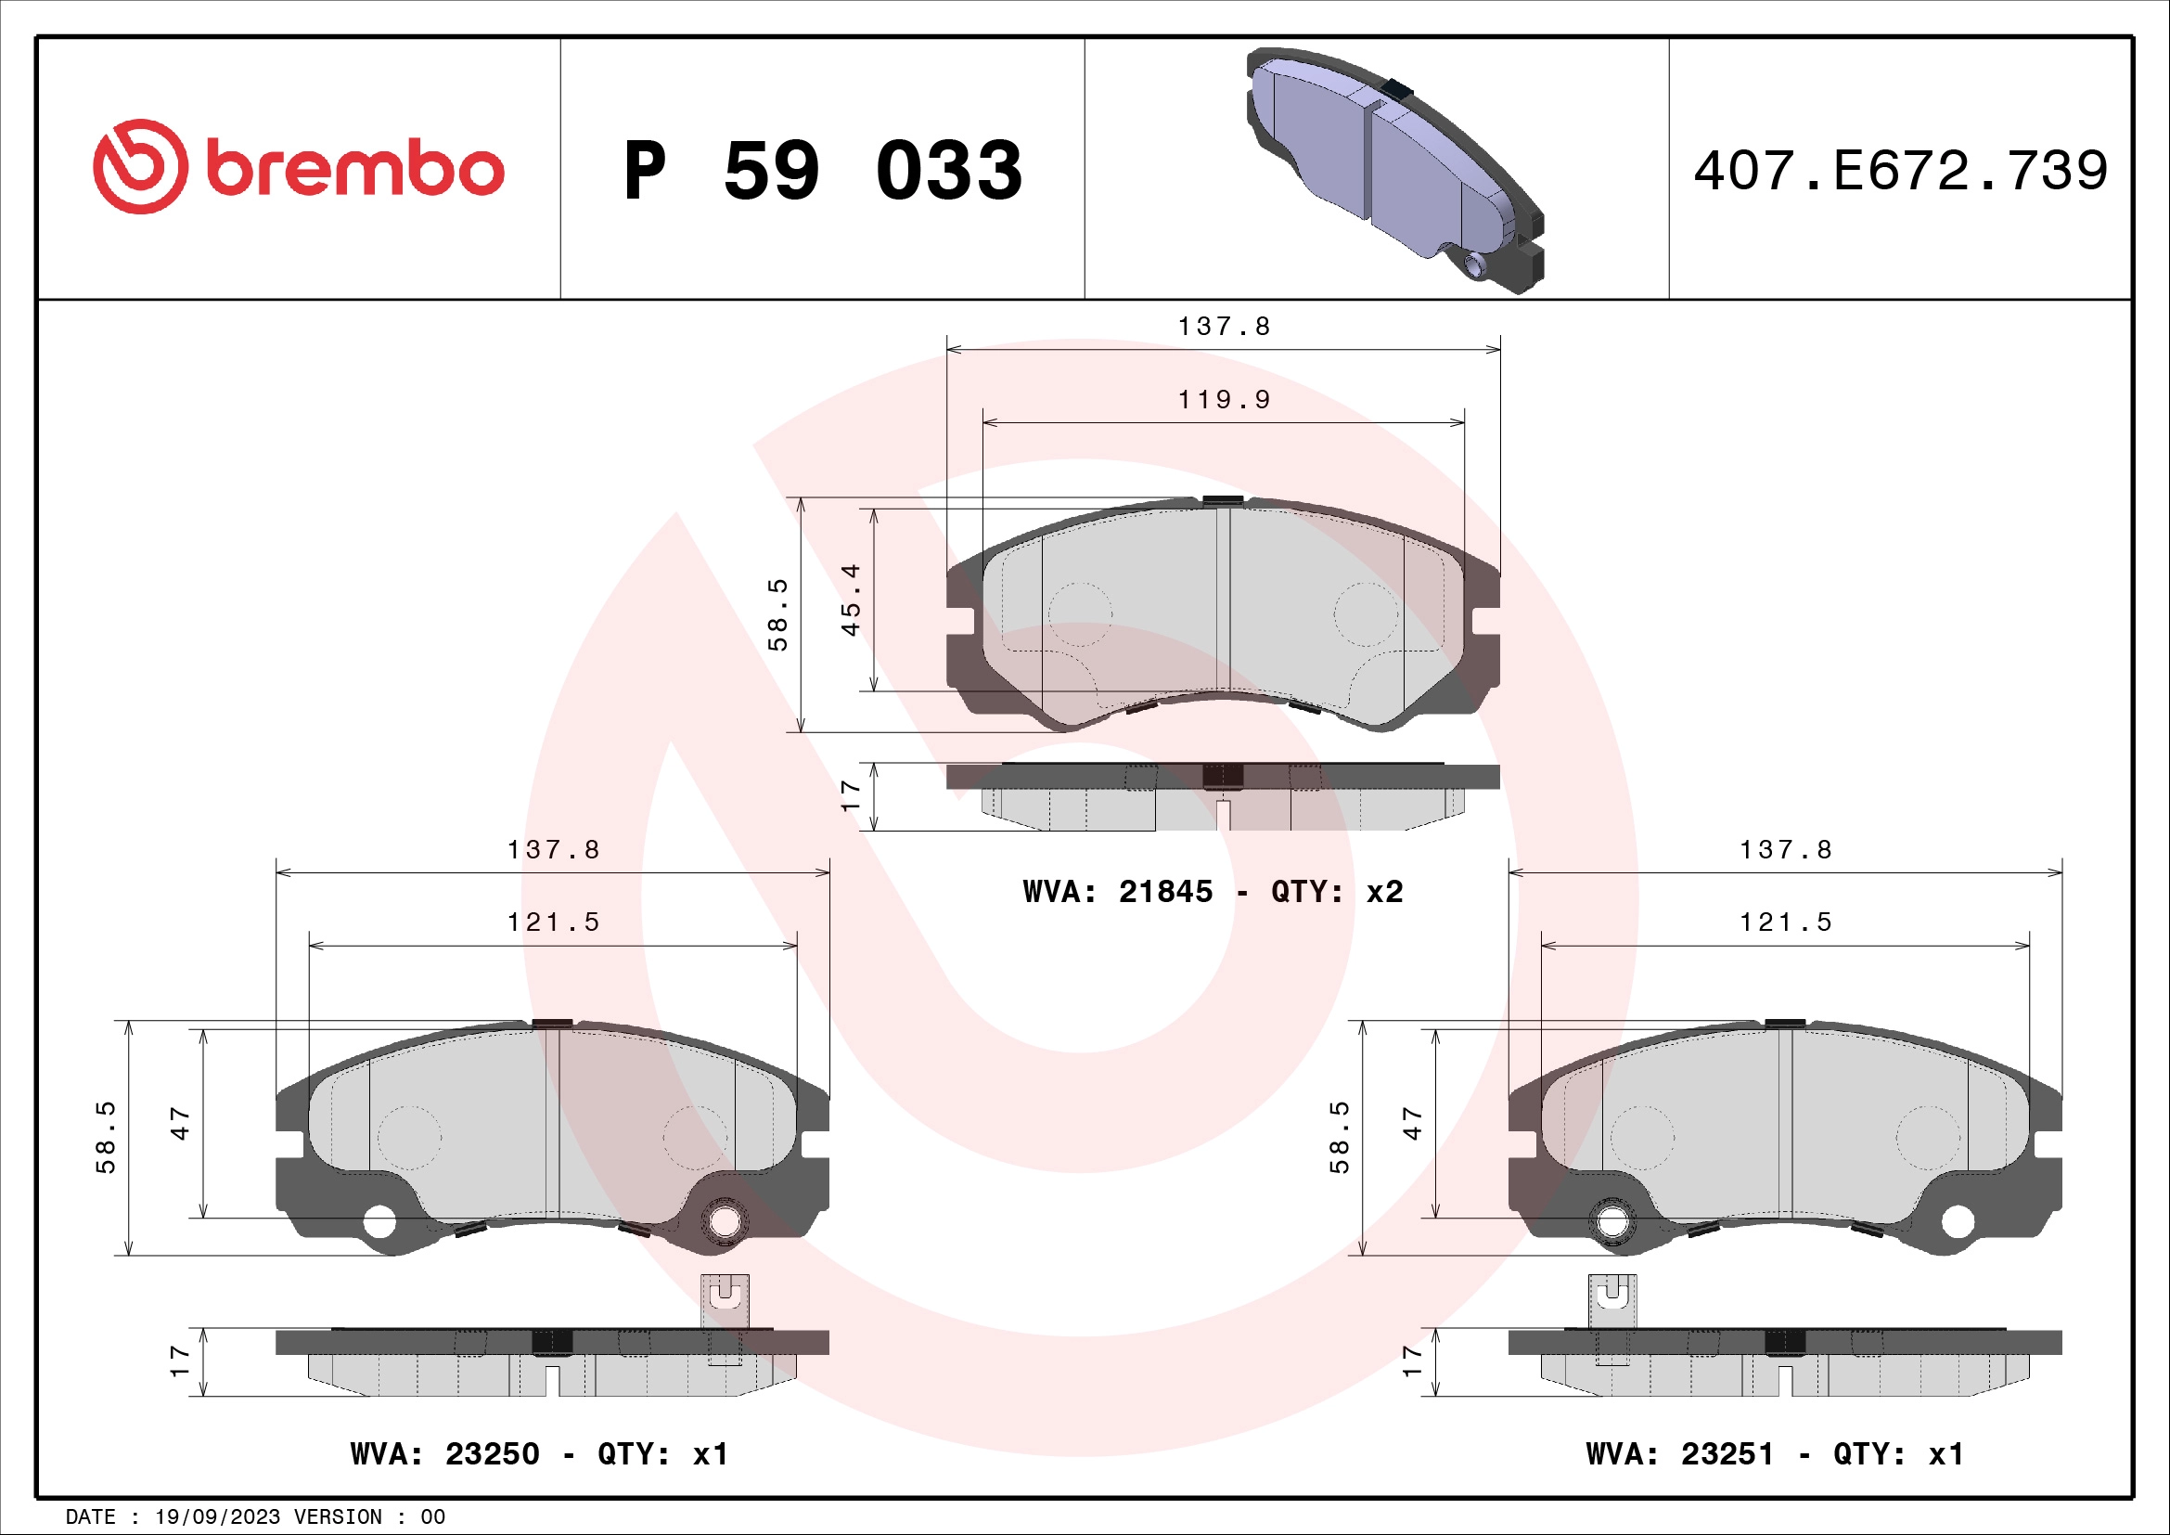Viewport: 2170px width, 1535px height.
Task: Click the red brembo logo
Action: [298, 167]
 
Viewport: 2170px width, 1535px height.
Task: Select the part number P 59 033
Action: [822, 171]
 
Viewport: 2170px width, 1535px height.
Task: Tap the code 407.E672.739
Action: [1900, 171]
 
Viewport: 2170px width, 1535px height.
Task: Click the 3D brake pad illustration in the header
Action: [1395, 170]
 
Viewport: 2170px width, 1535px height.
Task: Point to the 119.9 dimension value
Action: [1224, 400]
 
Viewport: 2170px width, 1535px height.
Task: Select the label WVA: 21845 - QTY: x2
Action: [1213, 891]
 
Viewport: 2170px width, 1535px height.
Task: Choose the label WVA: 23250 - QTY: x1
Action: [539, 1452]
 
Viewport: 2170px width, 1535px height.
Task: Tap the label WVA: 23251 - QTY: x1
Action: [1774, 1452]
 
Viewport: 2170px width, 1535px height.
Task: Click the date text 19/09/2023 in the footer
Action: [217, 1517]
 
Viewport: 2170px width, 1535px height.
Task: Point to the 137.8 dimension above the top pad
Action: [1224, 327]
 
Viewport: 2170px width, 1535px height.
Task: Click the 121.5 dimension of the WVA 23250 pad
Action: [553, 922]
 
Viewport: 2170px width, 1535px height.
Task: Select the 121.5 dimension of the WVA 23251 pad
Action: [1785, 922]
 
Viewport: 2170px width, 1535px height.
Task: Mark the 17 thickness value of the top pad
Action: [851, 795]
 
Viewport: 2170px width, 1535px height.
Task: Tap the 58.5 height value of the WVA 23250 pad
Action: [105, 1137]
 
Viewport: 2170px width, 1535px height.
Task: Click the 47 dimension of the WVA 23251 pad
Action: [1412, 1123]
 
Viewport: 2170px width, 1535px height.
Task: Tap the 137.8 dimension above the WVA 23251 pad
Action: [1785, 850]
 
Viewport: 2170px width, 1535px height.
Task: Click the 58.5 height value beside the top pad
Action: [777, 614]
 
